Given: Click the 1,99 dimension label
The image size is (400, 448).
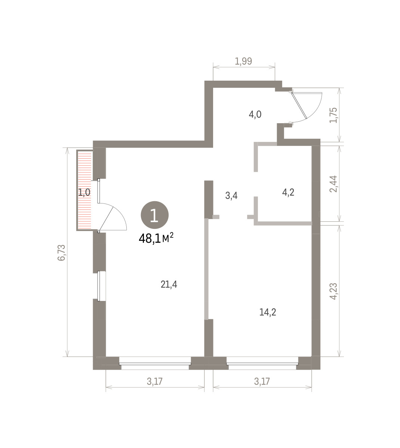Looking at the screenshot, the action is point(243,61).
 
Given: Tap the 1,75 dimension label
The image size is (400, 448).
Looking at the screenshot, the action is point(333,115).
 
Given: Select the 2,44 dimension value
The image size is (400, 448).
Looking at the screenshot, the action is point(333,184).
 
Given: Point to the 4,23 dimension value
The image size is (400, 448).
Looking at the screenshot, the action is point(333,291).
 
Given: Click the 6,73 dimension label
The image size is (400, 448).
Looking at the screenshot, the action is point(61,252).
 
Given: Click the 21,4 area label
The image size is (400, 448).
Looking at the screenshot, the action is point(169,284).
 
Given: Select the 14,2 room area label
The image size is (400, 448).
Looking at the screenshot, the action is point(268,312).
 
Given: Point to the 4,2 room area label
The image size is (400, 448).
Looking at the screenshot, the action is point(288,192).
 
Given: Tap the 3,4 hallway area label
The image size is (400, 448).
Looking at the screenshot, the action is point(231,196).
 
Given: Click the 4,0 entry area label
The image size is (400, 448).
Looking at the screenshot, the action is point(255,114).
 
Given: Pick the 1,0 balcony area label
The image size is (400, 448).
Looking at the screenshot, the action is point(84,192).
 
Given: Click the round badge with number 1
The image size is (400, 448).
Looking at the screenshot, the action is point(155,215).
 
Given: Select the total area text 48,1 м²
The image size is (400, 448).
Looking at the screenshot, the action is point(156,238).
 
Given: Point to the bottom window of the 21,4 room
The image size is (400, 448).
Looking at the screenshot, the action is point(155,364).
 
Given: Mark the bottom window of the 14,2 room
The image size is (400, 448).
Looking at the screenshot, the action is point(262,364).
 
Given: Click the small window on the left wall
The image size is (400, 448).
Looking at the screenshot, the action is point(99,286).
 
